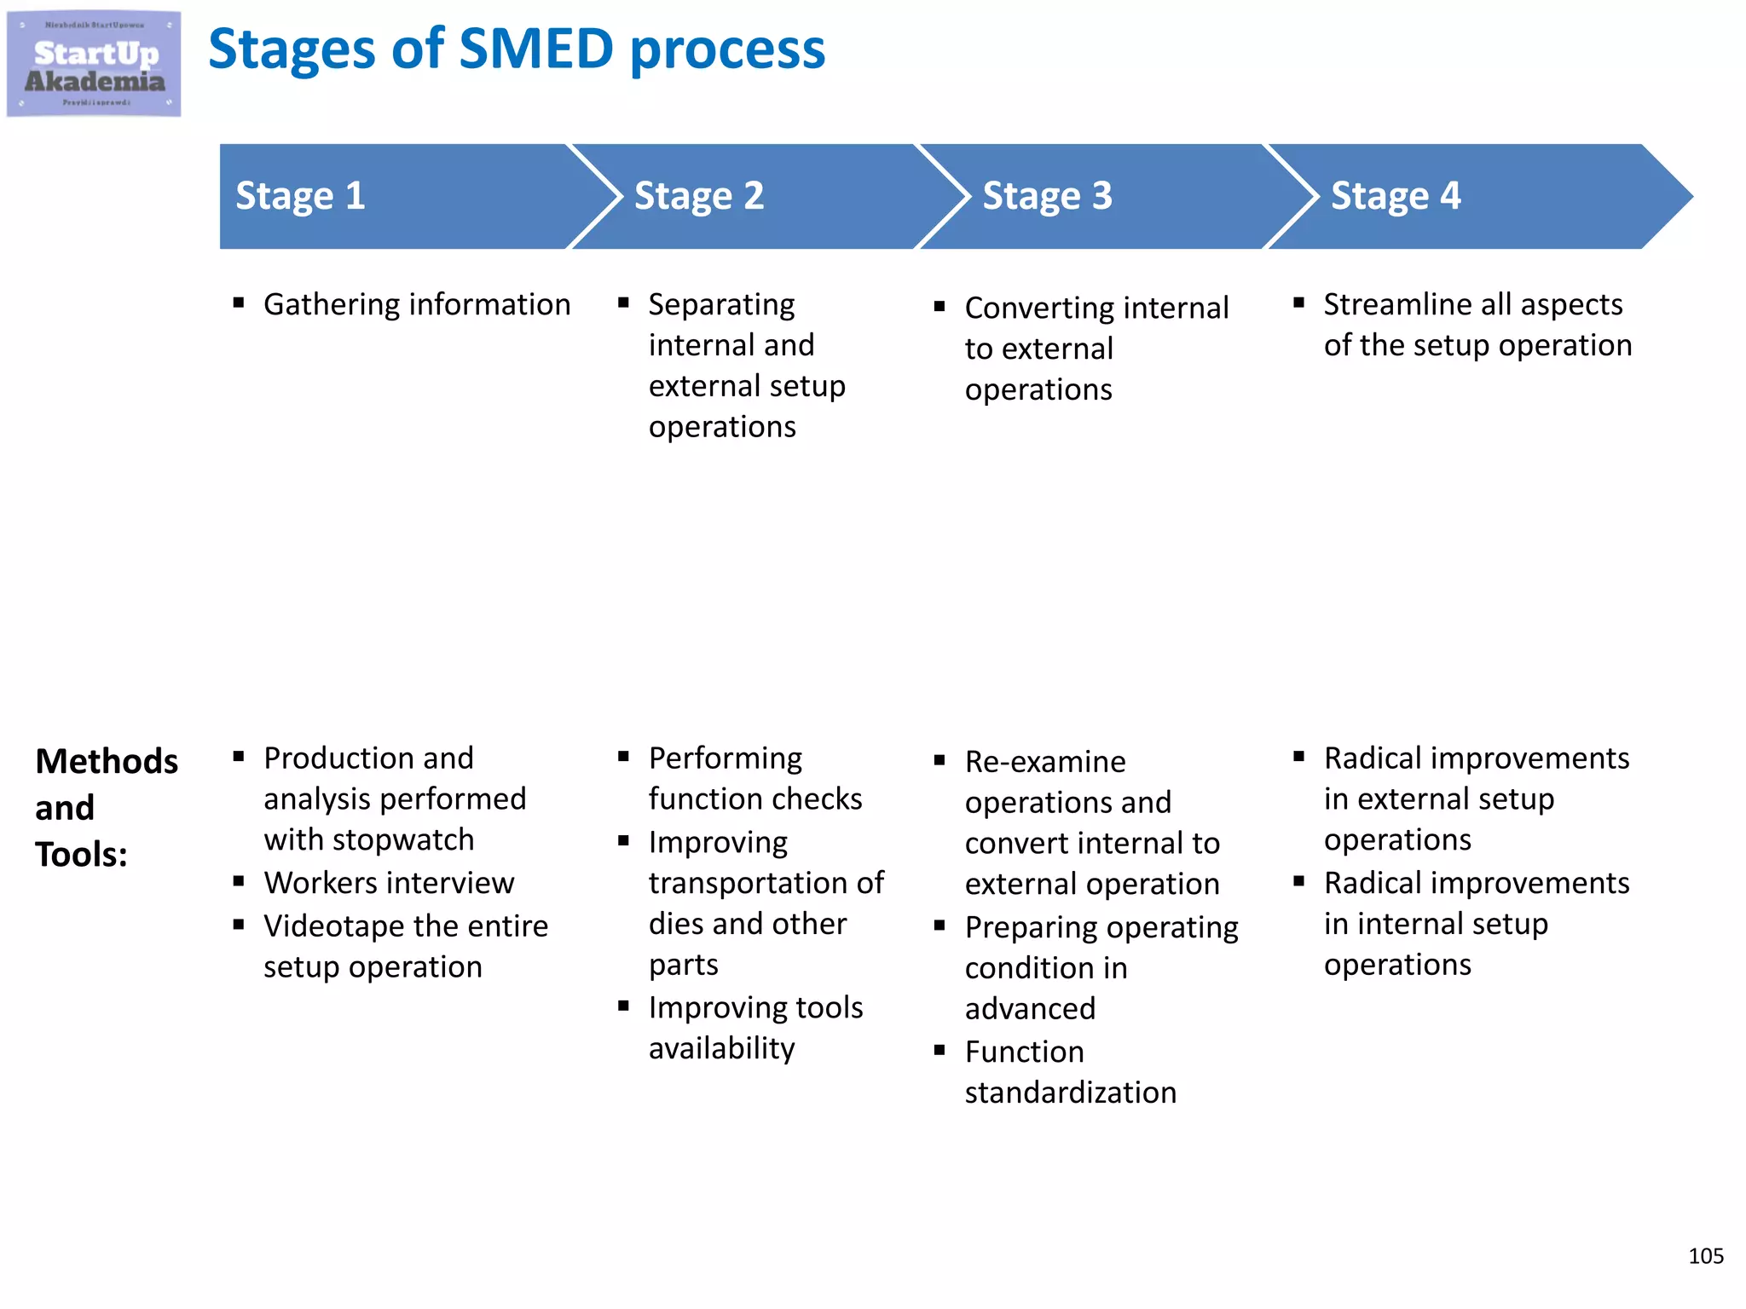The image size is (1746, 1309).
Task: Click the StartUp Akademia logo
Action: point(94,64)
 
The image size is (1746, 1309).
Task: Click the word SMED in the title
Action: point(536,49)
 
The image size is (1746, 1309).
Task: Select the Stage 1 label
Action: point(300,196)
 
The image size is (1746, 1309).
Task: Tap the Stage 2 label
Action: point(698,196)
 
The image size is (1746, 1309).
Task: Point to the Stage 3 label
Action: point(1047,196)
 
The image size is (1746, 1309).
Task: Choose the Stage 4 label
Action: point(1396,196)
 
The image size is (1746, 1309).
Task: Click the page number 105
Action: point(1705,1256)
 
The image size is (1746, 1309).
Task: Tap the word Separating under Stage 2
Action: point(721,305)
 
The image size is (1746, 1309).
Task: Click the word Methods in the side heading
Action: point(107,761)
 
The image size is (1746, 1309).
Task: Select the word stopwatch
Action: point(403,840)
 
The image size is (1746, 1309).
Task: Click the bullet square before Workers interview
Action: point(239,881)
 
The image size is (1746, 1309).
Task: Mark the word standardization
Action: point(1070,1093)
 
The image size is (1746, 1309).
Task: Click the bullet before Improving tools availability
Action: point(623,1006)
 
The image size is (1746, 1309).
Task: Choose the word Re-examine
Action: point(1044,762)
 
